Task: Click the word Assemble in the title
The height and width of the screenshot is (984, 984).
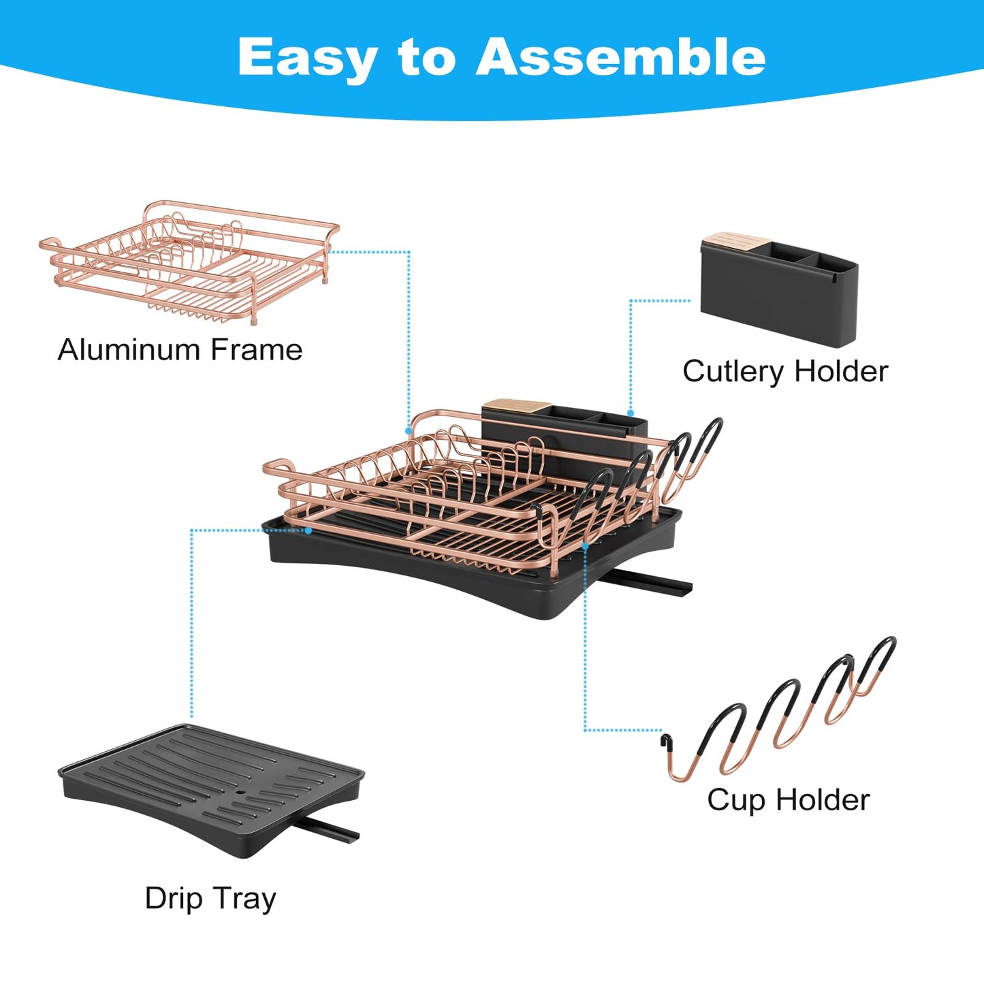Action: (620, 57)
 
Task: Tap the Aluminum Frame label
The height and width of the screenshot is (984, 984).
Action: (180, 350)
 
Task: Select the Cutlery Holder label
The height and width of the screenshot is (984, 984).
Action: (785, 372)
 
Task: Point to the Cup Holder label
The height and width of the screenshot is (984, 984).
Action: (788, 800)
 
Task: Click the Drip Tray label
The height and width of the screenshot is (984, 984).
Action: (210, 898)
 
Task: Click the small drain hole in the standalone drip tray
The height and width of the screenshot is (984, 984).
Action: (242, 793)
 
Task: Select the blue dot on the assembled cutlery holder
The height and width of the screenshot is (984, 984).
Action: (631, 413)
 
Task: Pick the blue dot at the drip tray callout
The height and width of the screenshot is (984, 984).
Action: (308, 530)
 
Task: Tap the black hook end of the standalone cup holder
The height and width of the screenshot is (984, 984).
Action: (665, 741)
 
